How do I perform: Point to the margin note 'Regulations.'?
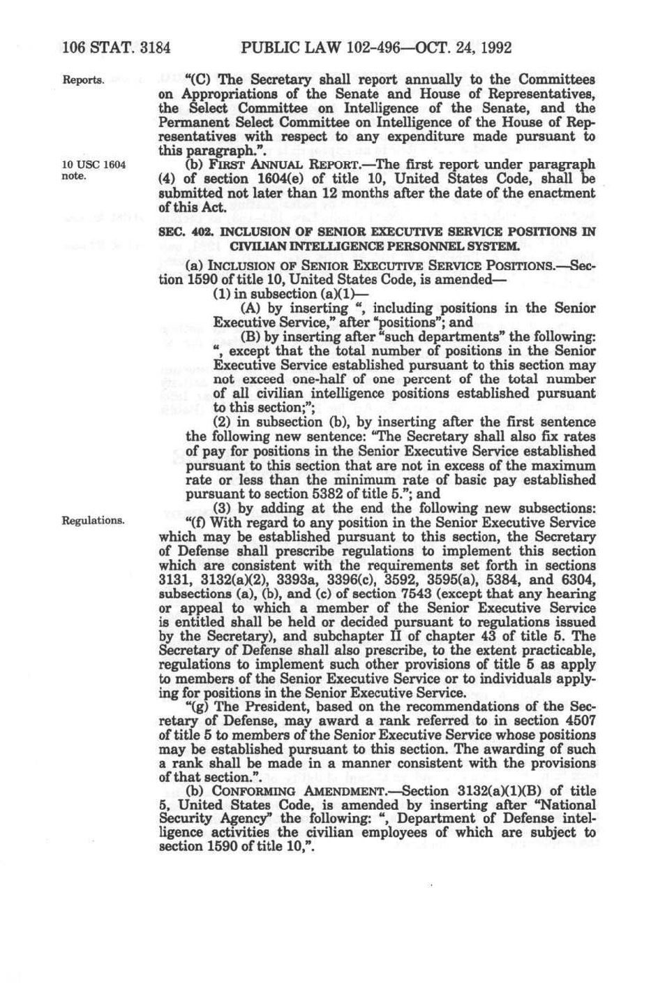click(94, 520)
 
